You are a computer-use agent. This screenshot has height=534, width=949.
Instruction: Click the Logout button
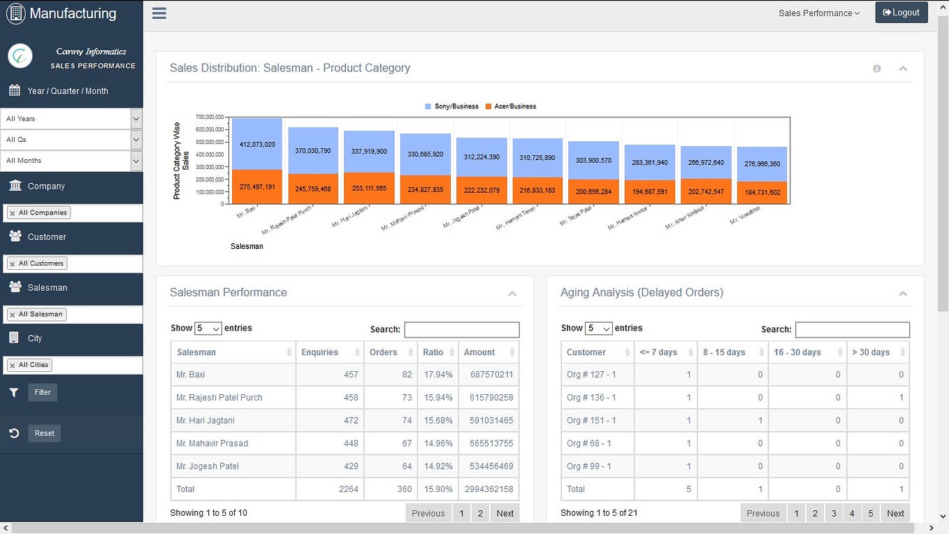tap(901, 13)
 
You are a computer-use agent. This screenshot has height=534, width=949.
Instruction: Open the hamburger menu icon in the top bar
tap(159, 13)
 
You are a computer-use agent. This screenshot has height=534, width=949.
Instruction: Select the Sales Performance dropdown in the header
tap(818, 13)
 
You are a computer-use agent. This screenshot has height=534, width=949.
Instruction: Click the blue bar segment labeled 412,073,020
tap(257, 145)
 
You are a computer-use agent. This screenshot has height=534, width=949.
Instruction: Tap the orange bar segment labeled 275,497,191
tap(257, 187)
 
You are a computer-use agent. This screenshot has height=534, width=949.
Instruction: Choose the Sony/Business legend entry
tap(451, 106)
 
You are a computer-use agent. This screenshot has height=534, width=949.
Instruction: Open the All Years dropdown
tap(71, 119)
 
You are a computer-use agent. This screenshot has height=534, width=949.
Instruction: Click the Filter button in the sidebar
tap(43, 392)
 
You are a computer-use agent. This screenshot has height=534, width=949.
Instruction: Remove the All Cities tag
tap(12, 366)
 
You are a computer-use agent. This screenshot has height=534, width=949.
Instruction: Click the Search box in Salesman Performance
tap(462, 329)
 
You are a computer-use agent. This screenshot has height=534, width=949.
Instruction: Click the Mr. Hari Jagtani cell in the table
tap(205, 421)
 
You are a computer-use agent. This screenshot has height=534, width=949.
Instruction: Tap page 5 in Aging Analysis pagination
tap(870, 513)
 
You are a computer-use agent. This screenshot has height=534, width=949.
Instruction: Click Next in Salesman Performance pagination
tap(505, 513)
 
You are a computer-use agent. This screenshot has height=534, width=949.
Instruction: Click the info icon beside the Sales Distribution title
tap(876, 68)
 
